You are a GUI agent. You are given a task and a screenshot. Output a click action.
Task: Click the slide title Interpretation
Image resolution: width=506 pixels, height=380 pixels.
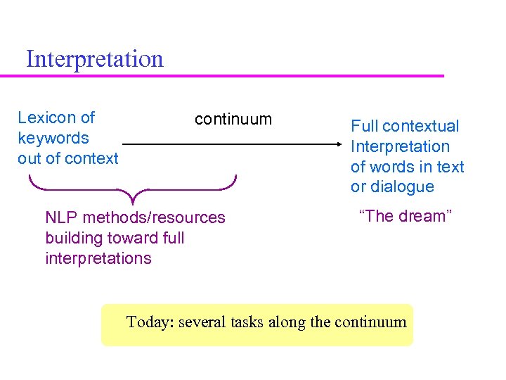(x=94, y=58)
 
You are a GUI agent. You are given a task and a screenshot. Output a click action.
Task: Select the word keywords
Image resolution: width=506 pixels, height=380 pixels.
(x=53, y=138)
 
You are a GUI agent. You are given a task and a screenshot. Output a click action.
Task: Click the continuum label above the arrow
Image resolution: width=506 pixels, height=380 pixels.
(x=233, y=119)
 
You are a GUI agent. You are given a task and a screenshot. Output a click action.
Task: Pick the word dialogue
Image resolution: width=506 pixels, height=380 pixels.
(x=402, y=187)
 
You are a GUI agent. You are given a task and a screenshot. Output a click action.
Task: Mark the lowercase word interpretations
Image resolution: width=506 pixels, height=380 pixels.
(x=98, y=258)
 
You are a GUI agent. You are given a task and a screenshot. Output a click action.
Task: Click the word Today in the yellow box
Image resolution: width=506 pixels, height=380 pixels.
(x=149, y=322)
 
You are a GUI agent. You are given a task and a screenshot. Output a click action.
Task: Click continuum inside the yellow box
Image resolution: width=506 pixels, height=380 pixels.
(x=370, y=322)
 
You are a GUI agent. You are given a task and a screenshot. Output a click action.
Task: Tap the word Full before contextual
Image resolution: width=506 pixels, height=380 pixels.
(x=365, y=127)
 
